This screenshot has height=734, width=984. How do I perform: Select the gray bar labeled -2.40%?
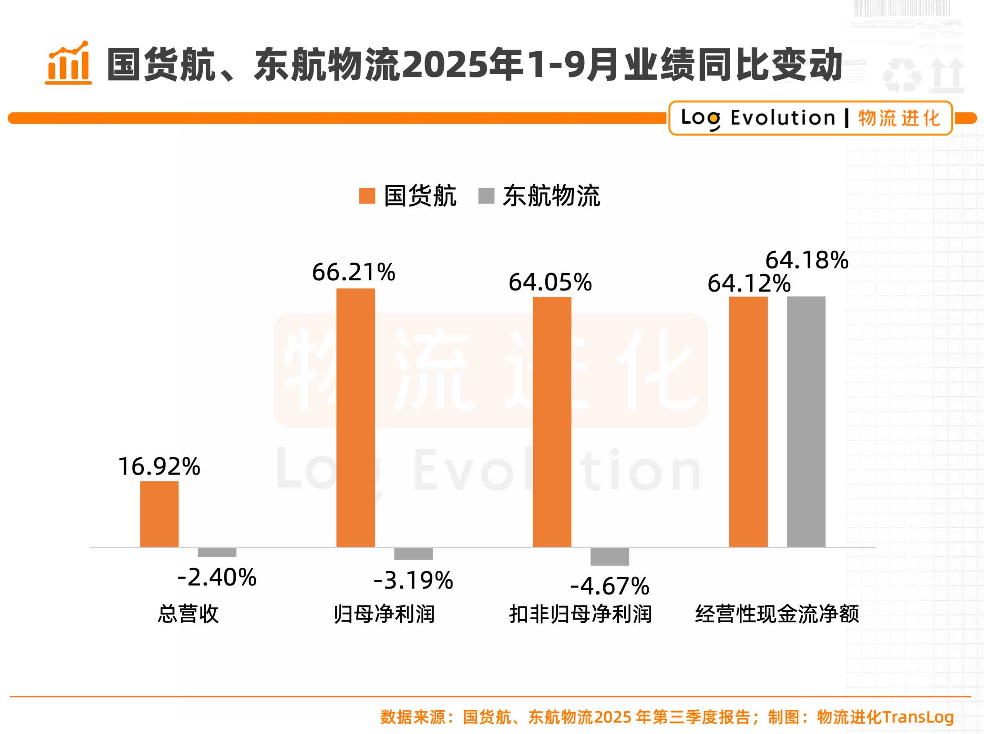217,552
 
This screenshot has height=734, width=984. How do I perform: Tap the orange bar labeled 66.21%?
355,418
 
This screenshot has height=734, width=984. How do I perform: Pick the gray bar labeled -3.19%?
413,554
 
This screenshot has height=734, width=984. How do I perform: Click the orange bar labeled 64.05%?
552,422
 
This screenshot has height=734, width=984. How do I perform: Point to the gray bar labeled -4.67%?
610,556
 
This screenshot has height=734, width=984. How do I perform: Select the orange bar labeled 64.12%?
748,422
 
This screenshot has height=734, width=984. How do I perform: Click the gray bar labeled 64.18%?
806,422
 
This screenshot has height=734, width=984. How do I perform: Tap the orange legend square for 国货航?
367,196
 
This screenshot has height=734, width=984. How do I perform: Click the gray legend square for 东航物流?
486,196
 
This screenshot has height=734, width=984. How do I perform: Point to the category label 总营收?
188,614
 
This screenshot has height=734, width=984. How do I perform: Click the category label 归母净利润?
384,614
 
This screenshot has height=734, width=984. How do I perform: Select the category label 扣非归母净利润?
580,614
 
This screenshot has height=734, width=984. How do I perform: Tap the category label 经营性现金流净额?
777,614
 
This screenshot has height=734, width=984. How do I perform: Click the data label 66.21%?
353,272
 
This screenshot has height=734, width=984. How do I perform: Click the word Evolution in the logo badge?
783,118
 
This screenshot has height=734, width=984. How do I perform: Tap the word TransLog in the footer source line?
918,717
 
